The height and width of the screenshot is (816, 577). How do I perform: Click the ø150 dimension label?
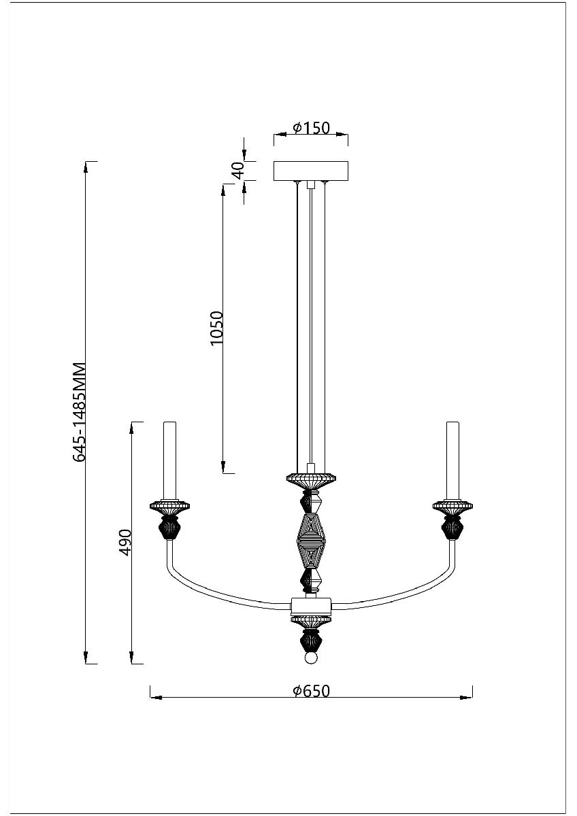(311, 128)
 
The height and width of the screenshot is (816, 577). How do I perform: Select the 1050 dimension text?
(216, 328)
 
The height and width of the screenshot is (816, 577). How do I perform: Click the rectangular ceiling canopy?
(311, 171)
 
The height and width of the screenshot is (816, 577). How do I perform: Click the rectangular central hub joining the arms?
(311, 605)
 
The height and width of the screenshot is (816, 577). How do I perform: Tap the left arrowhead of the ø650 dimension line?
(156, 698)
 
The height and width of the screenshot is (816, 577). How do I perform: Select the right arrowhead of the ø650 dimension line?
(466, 698)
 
